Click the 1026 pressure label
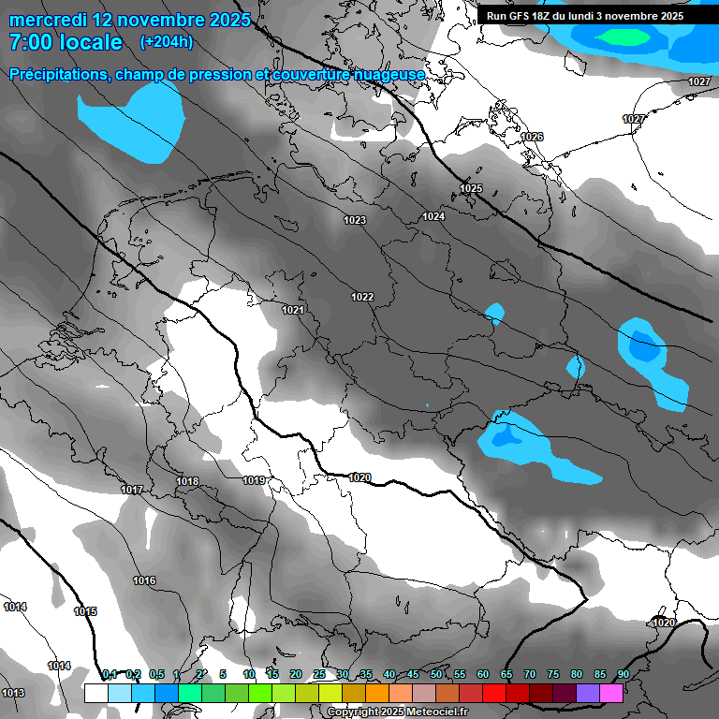[x=532, y=138]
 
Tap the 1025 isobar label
[x=470, y=189]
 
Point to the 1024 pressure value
[x=433, y=217]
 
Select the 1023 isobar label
[x=354, y=221]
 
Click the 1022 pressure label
[x=362, y=298]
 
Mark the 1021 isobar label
[x=293, y=310]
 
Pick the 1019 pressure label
[x=253, y=481]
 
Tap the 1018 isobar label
[x=187, y=482]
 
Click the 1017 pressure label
[x=131, y=491]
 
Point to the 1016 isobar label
[x=143, y=581]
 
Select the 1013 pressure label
[x=12, y=693]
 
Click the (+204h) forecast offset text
[x=166, y=42]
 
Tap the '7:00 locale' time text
[x=66, y=42]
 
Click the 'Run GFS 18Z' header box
[x=585, y=16]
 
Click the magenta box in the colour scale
[x=611, y=693]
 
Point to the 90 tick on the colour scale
[x=623, y=675]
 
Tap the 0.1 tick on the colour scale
[x=109, y=675]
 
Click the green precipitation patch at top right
[x=624, y=37]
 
